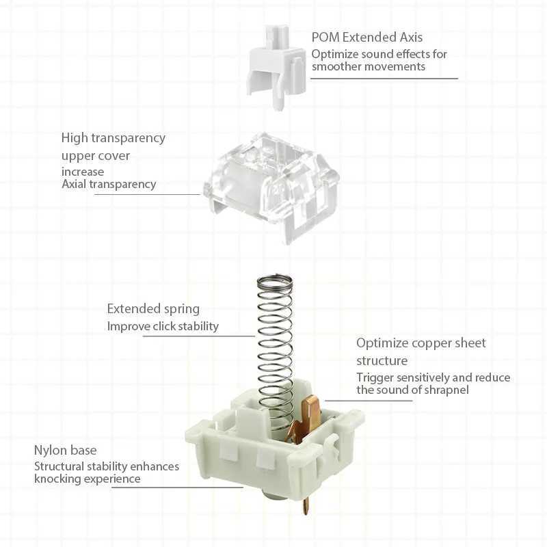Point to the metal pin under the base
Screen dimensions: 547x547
tap(306, 506)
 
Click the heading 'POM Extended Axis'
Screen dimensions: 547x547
tap(367, 37)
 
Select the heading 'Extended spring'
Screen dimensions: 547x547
tap(153, 309)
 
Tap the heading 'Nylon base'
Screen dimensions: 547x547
tap(66, 450)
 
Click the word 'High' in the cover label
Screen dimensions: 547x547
tap(74, 137)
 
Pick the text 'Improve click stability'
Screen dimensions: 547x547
tap(163, 326)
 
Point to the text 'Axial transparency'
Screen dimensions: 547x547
tap(109, 184)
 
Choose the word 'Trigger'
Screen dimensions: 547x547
tap(375, 377)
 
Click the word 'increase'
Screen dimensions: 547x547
tap(83, 172)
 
